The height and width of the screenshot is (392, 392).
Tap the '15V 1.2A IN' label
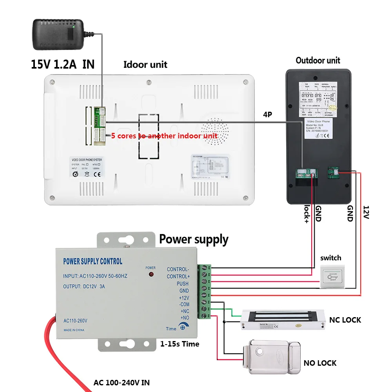[63, 64]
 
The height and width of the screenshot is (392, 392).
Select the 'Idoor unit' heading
[145, 65]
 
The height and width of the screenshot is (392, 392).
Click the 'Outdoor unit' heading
[318, 60]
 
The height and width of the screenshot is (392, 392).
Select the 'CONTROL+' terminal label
[178, 276]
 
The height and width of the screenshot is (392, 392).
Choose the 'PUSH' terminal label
[182, 283]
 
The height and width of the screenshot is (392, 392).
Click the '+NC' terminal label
[184, 311]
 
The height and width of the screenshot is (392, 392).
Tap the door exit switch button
[330, 273]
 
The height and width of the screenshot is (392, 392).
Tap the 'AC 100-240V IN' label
[121, 382]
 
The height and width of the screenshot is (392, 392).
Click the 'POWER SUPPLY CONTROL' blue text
[93, 261]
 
